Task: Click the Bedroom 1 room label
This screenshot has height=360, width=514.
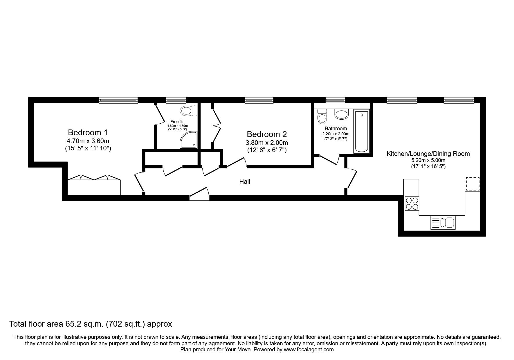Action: coord(88,133)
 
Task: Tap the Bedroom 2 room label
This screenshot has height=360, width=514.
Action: coord(267,134)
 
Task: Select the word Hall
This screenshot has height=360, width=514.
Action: coord(245,182)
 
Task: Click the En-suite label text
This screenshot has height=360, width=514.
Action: coord(177,122)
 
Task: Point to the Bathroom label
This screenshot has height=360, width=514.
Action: coord(336,129)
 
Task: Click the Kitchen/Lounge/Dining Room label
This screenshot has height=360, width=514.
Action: coord(428,154)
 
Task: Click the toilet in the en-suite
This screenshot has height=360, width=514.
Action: coord(189,111)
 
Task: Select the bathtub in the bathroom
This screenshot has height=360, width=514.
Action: coord(362,132)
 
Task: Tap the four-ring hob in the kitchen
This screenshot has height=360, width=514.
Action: coord(412,203)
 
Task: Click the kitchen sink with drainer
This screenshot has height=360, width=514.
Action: coord(443,223)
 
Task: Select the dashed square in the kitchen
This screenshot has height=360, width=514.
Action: coord(472,184)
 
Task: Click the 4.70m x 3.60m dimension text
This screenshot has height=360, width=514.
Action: coord(88,141)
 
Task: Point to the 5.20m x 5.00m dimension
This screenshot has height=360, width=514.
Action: coord(428,161)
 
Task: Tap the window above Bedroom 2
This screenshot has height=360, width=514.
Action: coord(259,100)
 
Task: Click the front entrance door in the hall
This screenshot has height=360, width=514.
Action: coord(199,195)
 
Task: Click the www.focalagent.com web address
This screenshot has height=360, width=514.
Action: coord(309,350)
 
